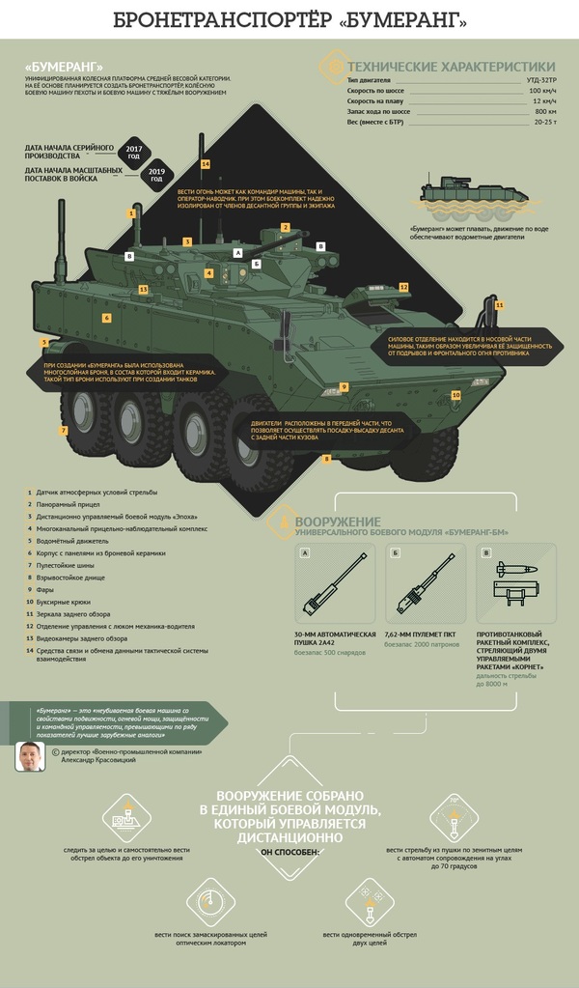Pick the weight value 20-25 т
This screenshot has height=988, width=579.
543,123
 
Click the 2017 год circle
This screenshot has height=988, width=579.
134,151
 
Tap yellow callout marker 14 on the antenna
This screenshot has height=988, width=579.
206,164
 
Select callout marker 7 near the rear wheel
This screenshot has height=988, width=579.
64,430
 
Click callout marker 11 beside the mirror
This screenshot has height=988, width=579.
499,305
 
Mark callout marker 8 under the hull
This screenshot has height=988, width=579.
327,459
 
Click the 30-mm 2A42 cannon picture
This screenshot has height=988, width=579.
333,588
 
